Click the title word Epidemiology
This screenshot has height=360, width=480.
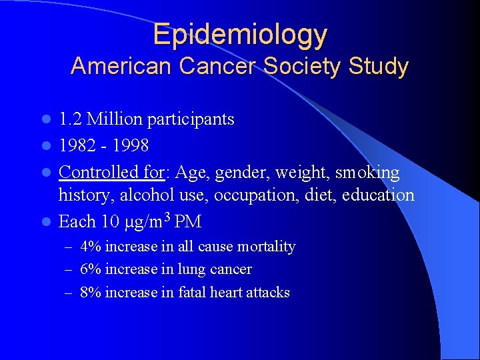240,35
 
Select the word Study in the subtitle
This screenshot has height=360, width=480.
381,67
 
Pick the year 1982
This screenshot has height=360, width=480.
77,145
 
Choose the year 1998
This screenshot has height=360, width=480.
131,145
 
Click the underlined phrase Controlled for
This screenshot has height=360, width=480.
111,173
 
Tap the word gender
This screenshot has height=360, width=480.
237,173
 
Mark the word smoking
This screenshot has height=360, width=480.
367,173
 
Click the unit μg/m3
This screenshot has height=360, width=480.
143,220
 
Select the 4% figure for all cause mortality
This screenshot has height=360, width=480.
90,247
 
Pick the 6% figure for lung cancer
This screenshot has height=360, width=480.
90,269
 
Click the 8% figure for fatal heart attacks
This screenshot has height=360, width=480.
90,292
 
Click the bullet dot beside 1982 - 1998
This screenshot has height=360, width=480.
47,146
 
